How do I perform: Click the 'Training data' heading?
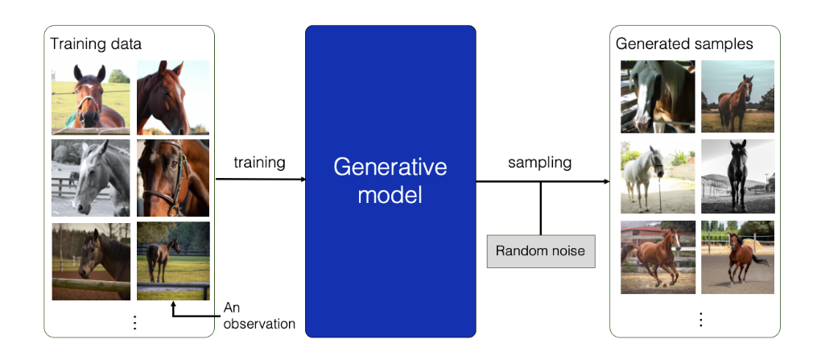click(x=96, y=43)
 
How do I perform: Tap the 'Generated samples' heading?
click(x=683, y=43)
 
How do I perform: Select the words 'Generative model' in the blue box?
click(x=390, y=180)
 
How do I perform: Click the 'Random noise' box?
click(x=540, y=251)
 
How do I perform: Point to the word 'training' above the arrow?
click(x=259, y=163)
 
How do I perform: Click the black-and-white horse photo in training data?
click(x=90, y=177)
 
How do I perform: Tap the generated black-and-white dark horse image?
click(x=737, y=177)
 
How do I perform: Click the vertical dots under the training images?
click(x=134, y=322)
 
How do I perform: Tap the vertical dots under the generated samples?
click(x=699, y=320)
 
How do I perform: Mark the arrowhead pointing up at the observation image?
click(x=173, y=305)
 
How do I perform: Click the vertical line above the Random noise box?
click(x=540, y=208)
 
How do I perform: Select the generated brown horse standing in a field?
click(x=737, y=97)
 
